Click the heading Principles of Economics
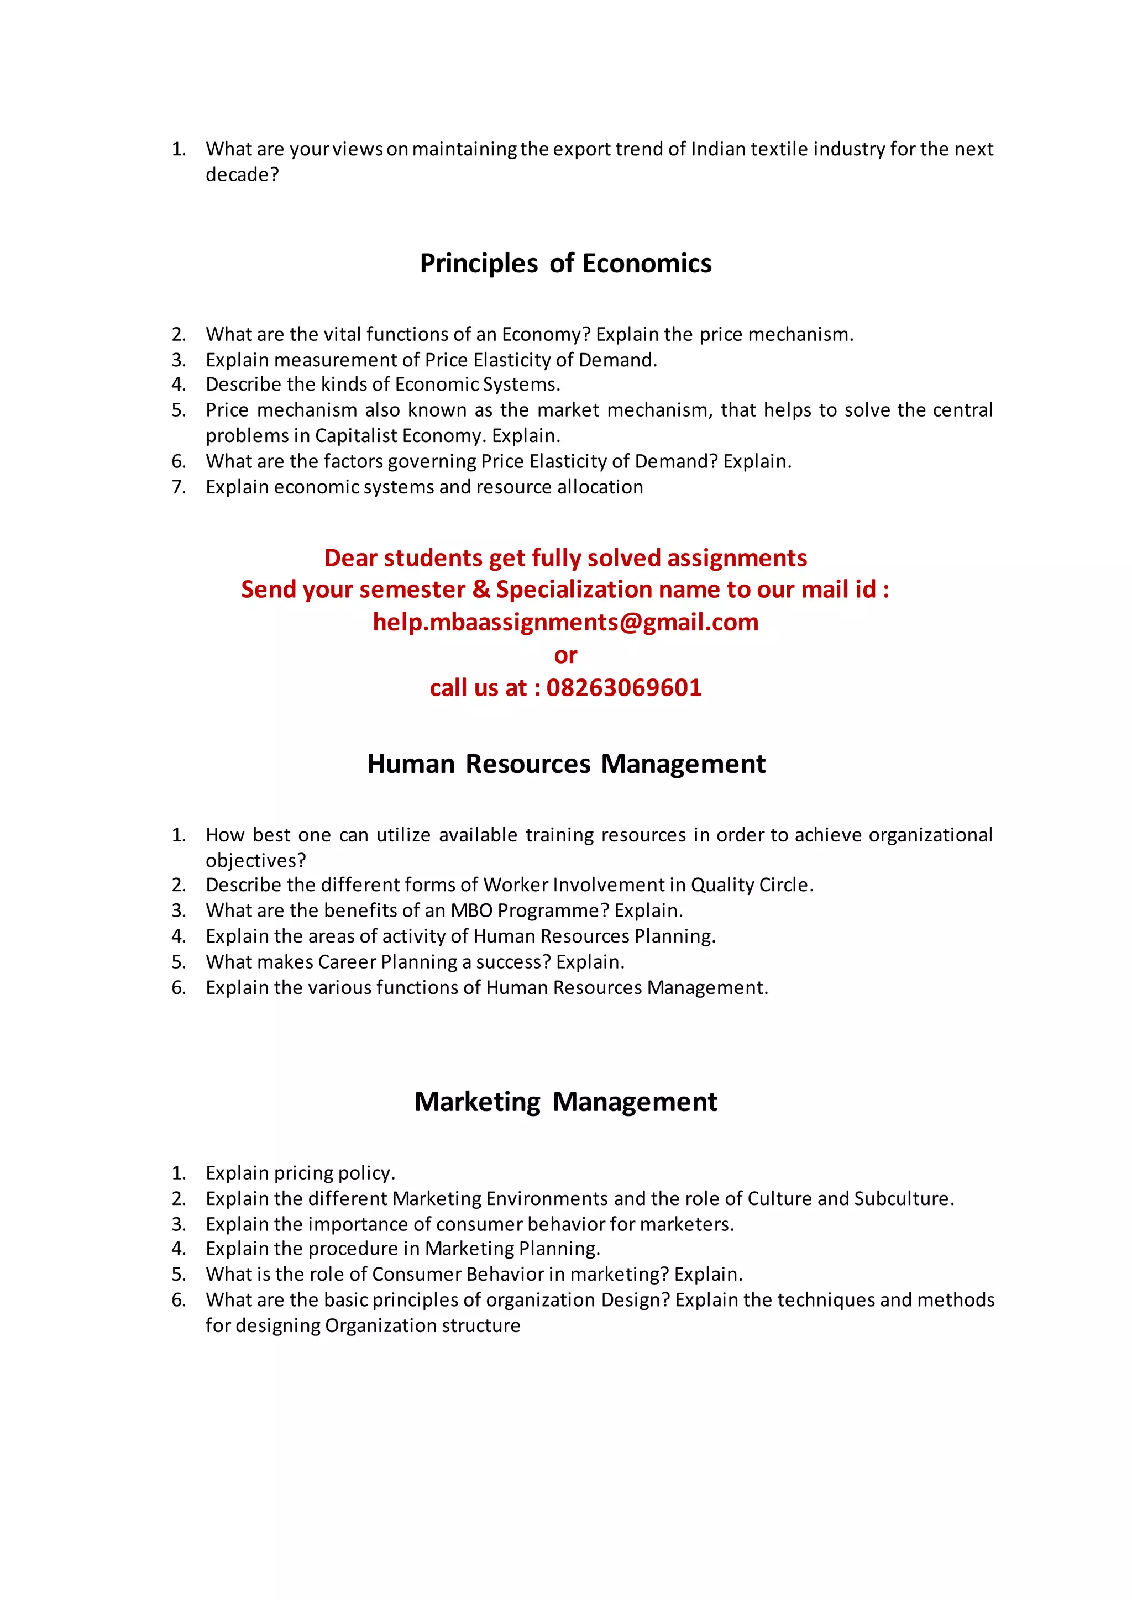(565, 264)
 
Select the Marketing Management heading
(565, 1102)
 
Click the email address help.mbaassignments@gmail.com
(565, 622)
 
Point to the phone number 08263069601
(624, 688)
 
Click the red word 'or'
(565, 655)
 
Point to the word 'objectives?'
(256, 861)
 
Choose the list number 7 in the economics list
(179, 487)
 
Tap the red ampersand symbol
(481, 590)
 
